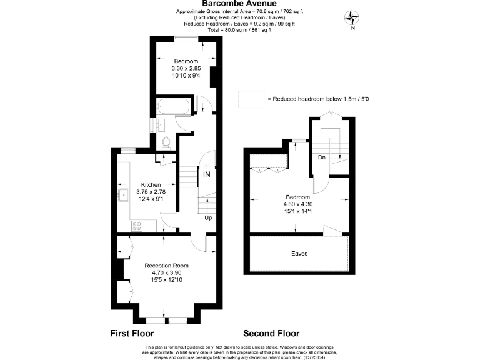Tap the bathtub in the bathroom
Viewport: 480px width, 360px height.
coord(172,106)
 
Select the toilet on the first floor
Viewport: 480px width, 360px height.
coord(166,142)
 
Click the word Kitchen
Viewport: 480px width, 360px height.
coord(151,185)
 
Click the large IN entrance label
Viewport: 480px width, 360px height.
coord(206,174)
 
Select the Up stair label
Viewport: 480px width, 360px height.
coord(208,217)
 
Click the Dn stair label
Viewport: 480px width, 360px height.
coord(321,157)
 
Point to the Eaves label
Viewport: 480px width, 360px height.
coord(299,254)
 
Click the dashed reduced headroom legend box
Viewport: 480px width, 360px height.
coord(251,98)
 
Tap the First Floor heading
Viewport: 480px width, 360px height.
coord(132,333)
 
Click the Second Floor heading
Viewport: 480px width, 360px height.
coord(271,333)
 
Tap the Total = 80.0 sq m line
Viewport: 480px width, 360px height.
coord(240,30)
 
